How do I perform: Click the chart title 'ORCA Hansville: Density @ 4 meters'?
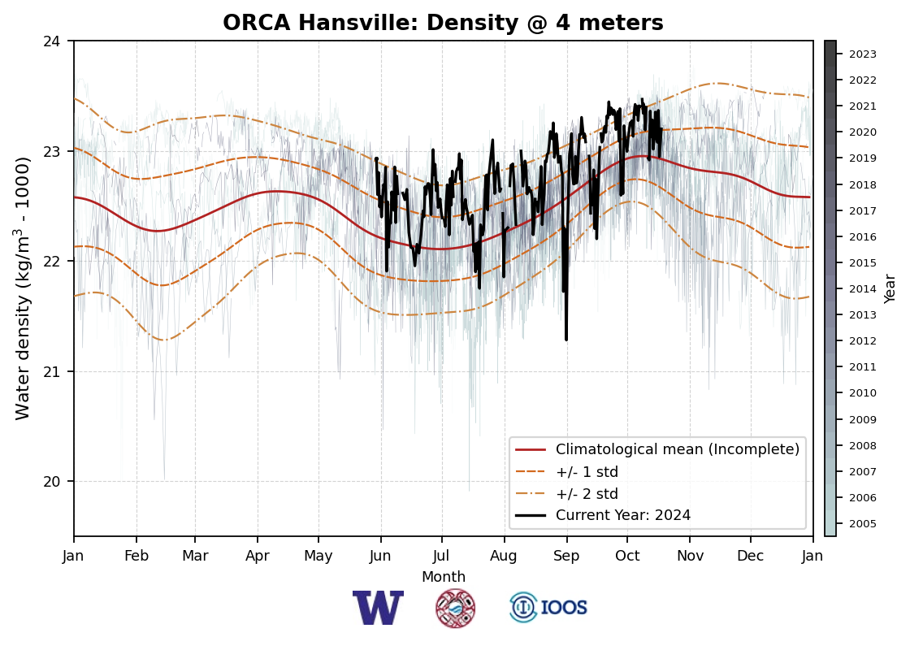[x=443, y=24]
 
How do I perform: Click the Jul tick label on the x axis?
[x=442, y=556]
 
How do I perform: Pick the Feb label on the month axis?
[x=136, y=556]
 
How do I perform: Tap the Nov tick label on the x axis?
[x=690, y=556]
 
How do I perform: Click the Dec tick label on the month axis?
[x=751, y=556]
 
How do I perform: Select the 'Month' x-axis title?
[x=443, y=577]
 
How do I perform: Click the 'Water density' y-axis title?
[x=23, y=288]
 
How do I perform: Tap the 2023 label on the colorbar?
[x=863, y=54]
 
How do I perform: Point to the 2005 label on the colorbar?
[x=863, y=524]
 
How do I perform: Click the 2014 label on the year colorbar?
[x=863, y=289]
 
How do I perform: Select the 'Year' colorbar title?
[x=890, y=288]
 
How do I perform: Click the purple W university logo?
[x=378, y=608]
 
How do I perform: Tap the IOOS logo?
[x=548, y=608]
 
